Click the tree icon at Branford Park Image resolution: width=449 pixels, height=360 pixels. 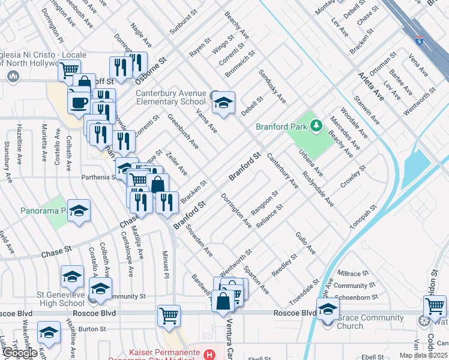[315, 126]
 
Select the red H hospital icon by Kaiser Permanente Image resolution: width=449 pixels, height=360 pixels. [209, 355]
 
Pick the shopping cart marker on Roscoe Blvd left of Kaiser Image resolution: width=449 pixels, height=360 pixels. [169, 316]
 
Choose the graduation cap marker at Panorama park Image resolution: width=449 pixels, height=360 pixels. [79, 212]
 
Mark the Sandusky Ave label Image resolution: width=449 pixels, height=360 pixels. [272, 86]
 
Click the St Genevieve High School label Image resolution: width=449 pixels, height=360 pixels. [52, 299]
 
